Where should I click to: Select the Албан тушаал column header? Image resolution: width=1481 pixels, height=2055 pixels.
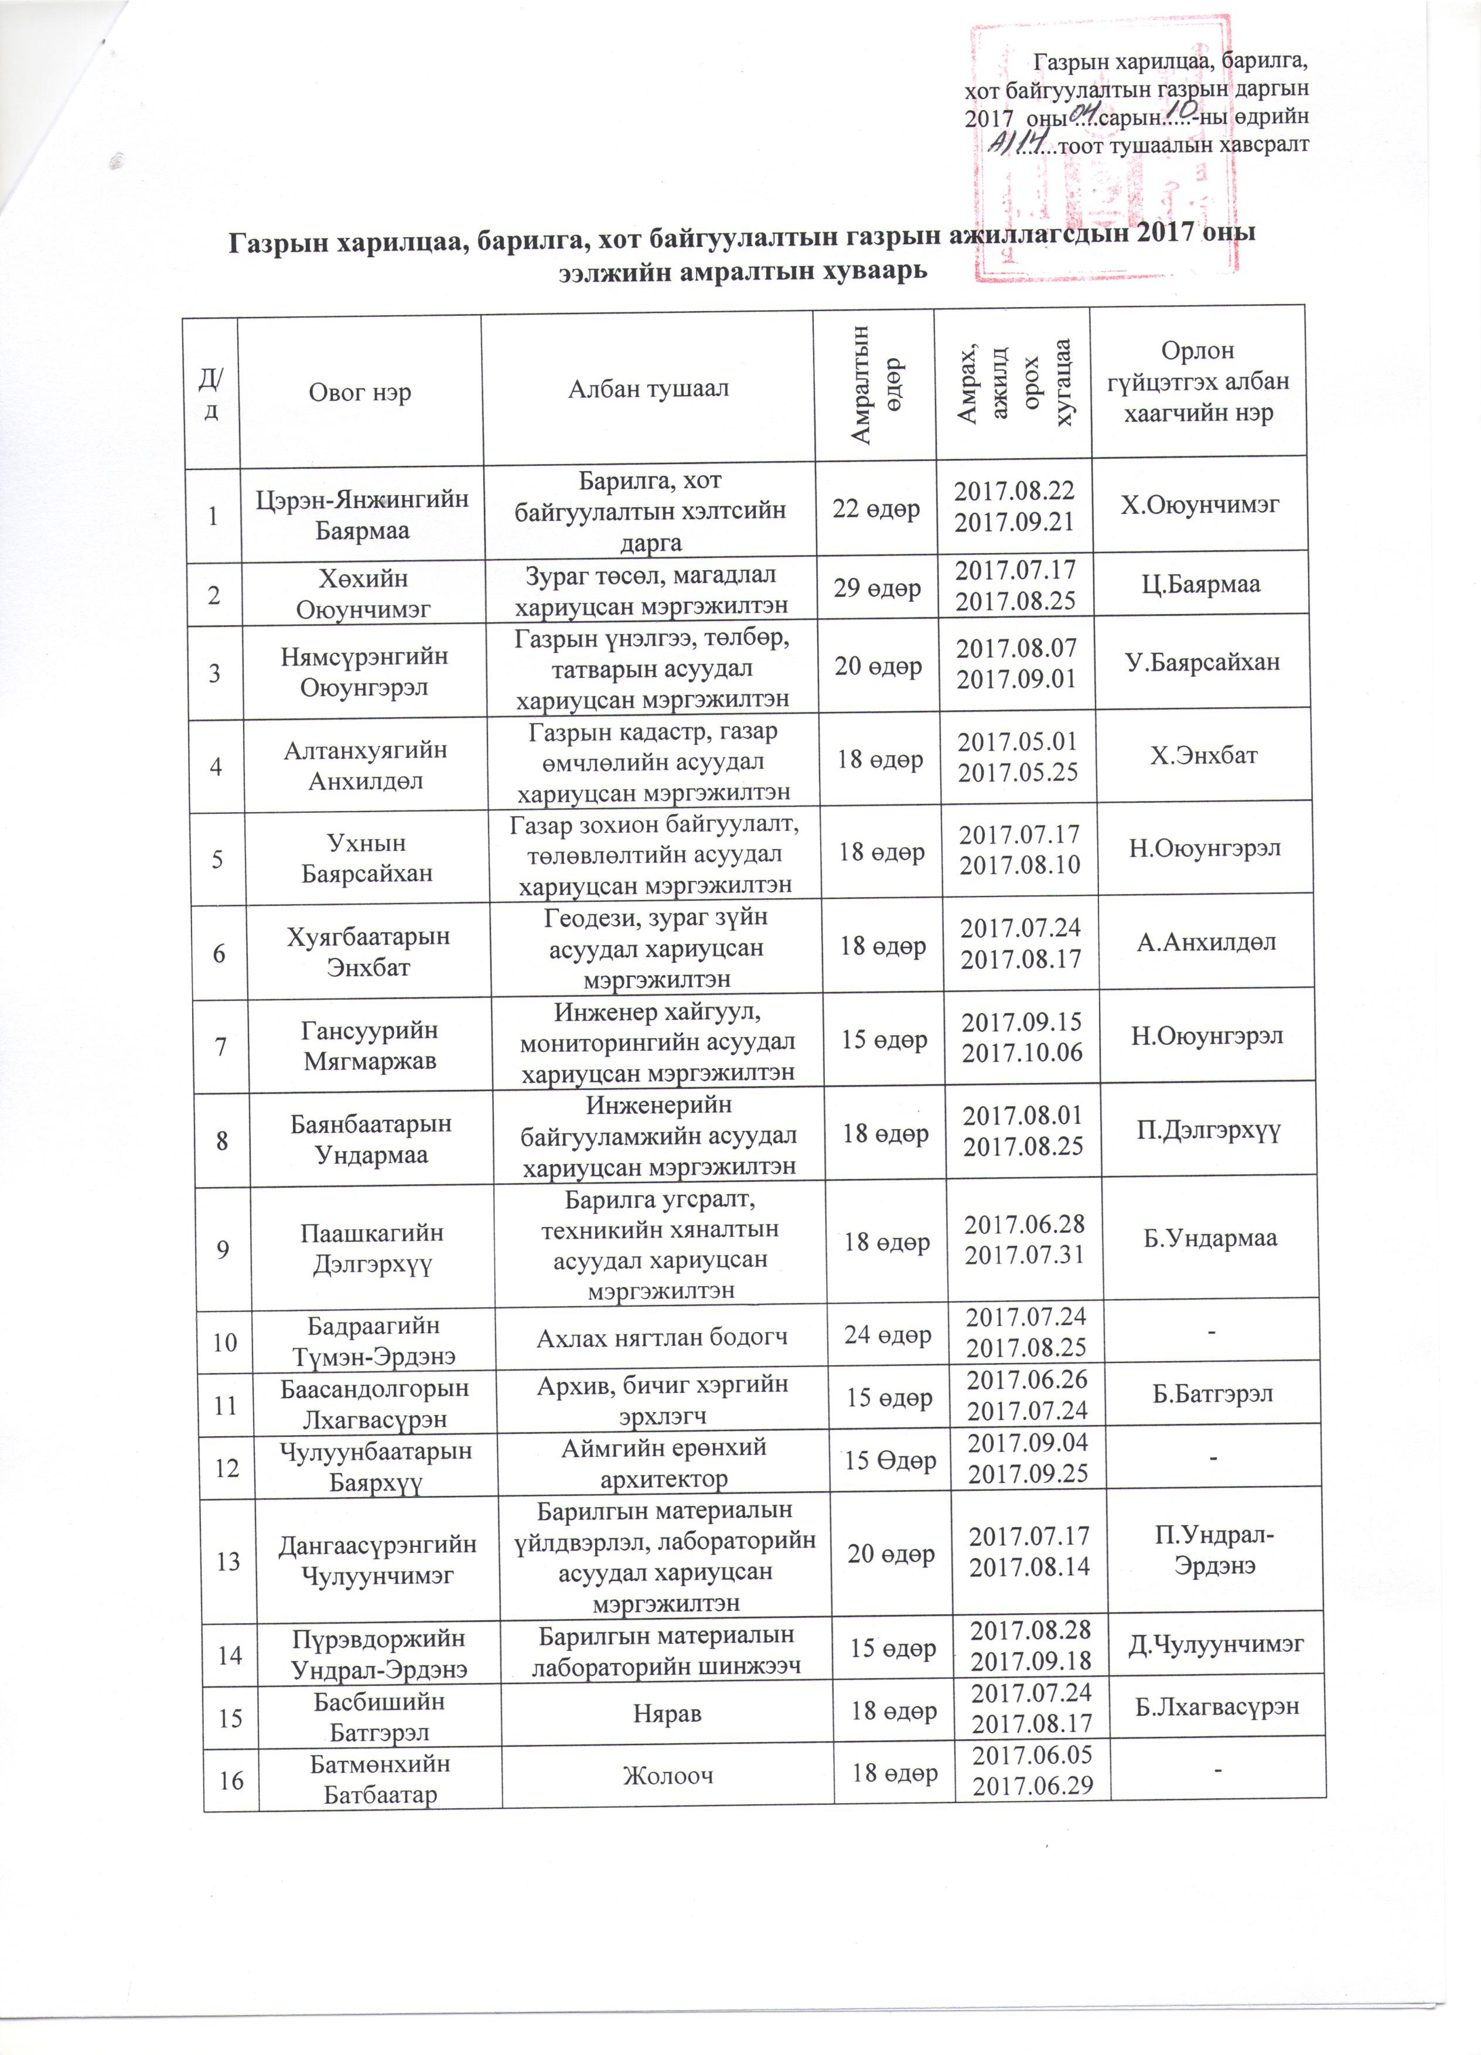(x=648, y=390)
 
